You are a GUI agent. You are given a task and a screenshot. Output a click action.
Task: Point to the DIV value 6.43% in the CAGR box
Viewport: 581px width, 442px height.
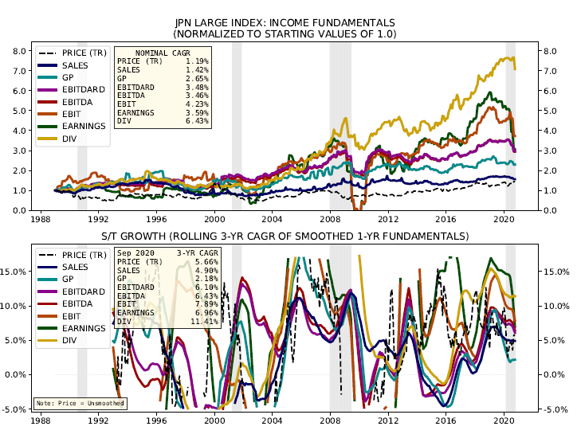[198, 121]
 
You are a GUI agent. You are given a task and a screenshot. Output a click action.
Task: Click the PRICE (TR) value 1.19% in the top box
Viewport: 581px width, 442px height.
[198, 61]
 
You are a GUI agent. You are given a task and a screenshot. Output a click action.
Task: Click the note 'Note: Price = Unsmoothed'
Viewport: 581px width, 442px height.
[80, 401]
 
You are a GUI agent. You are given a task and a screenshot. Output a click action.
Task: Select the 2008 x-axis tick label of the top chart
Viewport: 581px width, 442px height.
[330, 218]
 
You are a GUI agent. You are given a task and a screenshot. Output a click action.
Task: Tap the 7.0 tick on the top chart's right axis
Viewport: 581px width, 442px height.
[550, 71]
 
